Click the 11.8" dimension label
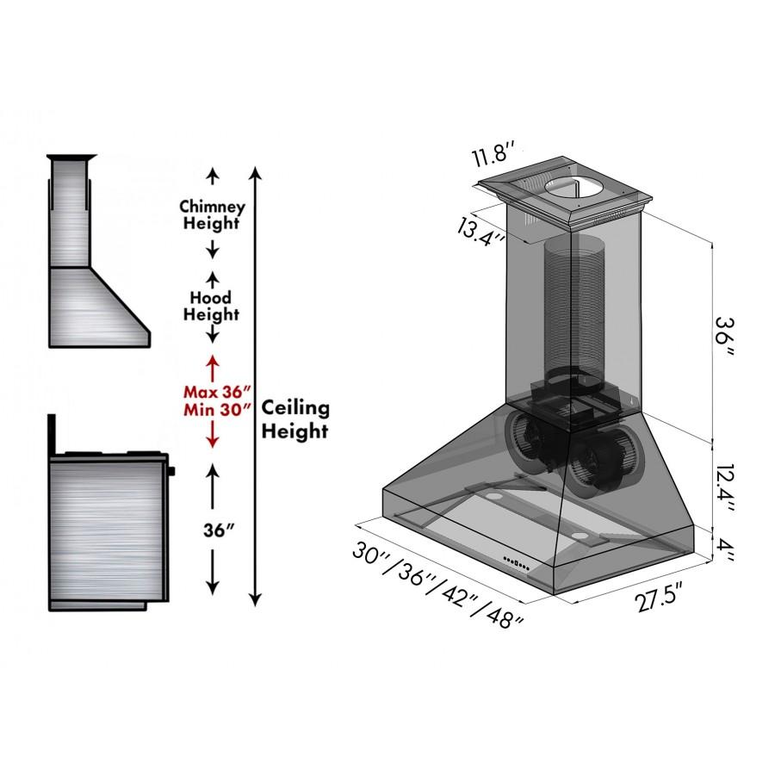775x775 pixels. (493, 159)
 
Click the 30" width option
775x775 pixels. (373, 553)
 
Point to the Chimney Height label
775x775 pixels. (212, 215)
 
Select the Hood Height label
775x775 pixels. (211, 306)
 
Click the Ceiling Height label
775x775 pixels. (295, 418)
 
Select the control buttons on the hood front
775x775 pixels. (518, 565)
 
